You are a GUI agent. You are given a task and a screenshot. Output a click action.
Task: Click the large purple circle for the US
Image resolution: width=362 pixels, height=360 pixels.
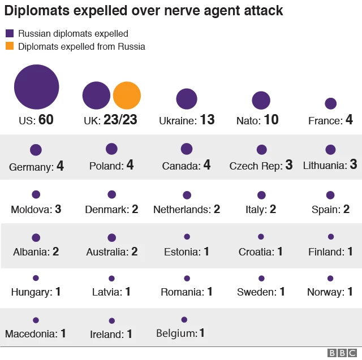point(36,87)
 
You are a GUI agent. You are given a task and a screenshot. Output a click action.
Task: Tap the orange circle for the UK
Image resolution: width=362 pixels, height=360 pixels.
point(127,96)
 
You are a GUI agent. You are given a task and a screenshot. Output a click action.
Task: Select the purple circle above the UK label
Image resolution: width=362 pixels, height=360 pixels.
point(97,96)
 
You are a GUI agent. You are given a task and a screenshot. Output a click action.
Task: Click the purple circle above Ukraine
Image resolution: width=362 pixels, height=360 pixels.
point(187,99)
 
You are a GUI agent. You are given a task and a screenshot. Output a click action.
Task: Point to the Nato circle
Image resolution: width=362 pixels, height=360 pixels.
point(261,100)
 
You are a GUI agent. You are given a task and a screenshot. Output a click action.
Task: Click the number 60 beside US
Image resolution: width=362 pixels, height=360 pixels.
point(46,120)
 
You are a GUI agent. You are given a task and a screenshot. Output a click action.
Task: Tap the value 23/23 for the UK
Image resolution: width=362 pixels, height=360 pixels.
point(120,120)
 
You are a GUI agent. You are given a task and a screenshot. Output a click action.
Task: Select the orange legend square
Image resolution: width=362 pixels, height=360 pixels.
point(10,46)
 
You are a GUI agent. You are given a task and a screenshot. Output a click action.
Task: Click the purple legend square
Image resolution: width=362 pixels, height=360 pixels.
point(10,33)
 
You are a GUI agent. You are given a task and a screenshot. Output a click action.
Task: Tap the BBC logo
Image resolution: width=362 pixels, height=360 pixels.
point(341,353)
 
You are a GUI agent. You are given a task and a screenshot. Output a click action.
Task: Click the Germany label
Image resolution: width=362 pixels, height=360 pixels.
point(31,167)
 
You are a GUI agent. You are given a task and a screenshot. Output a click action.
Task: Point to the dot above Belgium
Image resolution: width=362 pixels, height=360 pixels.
point(184,320)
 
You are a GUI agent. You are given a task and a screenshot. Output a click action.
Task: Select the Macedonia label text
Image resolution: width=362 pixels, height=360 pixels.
point(31,334)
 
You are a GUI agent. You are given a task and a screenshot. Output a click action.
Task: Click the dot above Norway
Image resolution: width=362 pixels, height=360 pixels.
point(330,279)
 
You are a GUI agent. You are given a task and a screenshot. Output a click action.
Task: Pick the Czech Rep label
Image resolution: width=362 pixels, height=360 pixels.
point(255,166)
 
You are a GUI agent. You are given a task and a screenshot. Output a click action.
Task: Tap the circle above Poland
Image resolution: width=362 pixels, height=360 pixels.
point(111,149)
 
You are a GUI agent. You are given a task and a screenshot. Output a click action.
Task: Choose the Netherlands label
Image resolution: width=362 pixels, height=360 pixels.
point(182,210)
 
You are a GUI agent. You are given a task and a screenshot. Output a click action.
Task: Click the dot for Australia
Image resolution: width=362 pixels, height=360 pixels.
point(111,238)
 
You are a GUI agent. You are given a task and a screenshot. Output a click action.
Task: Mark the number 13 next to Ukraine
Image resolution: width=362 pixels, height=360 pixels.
point(208,120)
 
